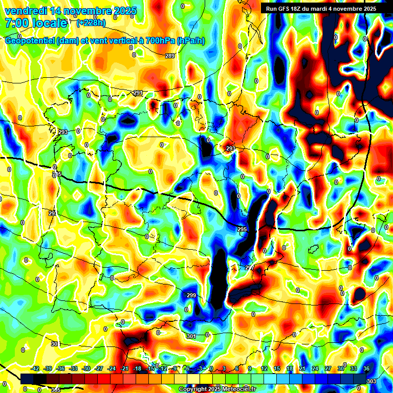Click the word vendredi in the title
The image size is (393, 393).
(25, 11)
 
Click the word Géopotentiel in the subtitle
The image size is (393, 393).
(30, 41)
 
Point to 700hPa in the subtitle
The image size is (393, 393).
(157, 41)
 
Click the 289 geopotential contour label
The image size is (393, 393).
(170, 56)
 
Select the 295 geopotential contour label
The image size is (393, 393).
(242, 230)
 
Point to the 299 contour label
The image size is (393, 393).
(191, 296)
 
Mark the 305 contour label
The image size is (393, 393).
(55, 390)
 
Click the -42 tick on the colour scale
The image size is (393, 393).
(36, 368)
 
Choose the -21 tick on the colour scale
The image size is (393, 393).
(124, 368)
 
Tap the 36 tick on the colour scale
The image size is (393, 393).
(366, 368)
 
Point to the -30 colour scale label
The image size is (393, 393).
(86, 368)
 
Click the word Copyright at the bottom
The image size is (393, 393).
(193, 389)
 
